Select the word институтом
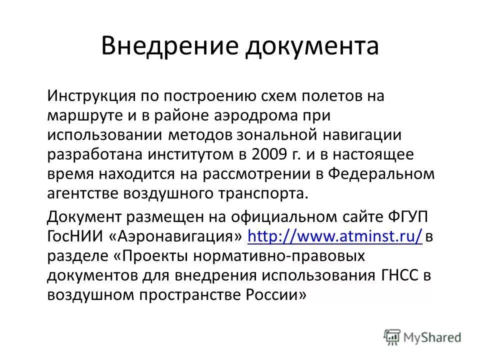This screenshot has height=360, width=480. pos(193,154)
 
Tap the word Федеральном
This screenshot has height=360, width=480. pos(382,174)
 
